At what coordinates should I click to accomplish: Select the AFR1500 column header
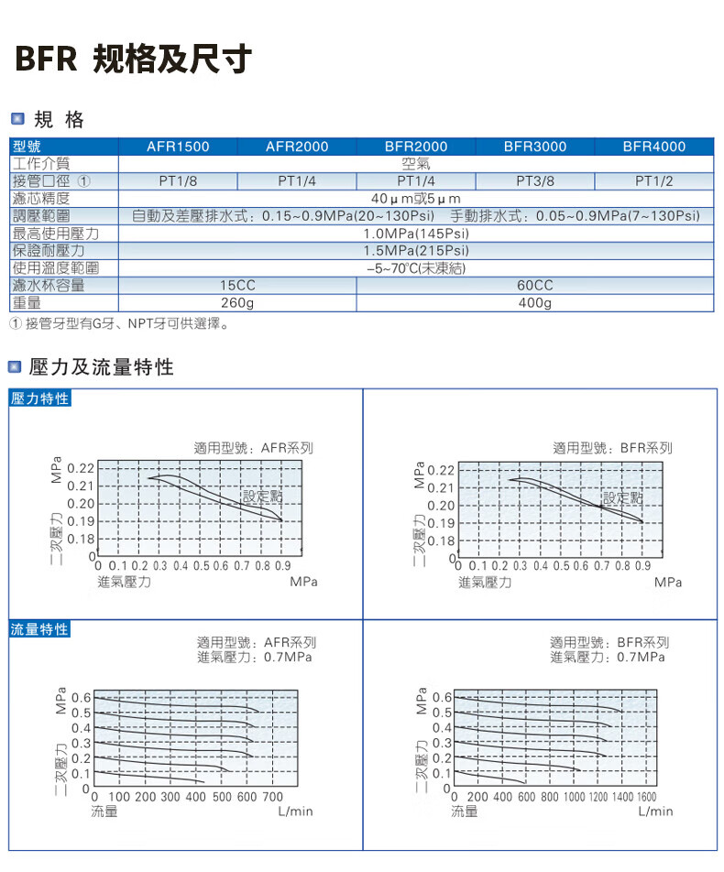click(178, 147)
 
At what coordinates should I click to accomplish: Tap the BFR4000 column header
click(653, 147)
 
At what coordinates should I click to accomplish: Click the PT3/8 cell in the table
click(535, 181)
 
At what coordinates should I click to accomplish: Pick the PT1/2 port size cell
click(653, 181)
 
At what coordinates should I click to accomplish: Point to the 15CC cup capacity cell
click(237, 286)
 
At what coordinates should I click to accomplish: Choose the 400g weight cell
click(535, 303)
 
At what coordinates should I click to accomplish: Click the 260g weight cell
click(237, 303)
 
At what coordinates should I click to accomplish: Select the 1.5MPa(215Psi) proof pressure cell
click(416, 251)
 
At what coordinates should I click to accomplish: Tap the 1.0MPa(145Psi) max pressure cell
click(416, 234)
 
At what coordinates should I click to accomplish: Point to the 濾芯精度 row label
click(41, 199)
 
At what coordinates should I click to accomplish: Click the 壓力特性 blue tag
click(39, 398)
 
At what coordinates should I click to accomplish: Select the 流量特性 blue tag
click(39, 630)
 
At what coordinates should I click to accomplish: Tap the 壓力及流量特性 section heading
click(101, 368)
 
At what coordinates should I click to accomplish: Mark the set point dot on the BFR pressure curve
click(602, 506)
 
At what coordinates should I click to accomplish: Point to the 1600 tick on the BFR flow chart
click(646, 797)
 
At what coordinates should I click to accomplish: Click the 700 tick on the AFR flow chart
click(273, 797)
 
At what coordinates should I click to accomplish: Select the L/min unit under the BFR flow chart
click(655, 812)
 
